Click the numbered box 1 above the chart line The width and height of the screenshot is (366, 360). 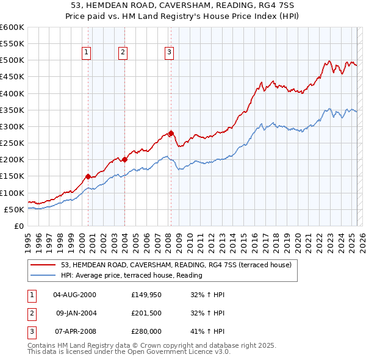point(86,52)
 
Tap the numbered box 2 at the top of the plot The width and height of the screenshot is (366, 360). point(123,52)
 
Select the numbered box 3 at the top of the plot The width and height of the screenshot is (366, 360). point(168,52)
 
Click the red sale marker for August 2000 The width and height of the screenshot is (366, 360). point(88,176)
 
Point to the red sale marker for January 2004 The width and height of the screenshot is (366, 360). point(124,159)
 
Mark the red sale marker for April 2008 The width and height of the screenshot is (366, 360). point(171,133)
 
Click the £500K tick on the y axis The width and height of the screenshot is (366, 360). point(12,60)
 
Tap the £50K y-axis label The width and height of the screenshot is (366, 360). point(15,209)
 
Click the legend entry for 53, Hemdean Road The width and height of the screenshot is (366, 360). point(176,265)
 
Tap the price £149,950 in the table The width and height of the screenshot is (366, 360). point(145,295)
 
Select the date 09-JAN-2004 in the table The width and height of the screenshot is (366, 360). point(76,313)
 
